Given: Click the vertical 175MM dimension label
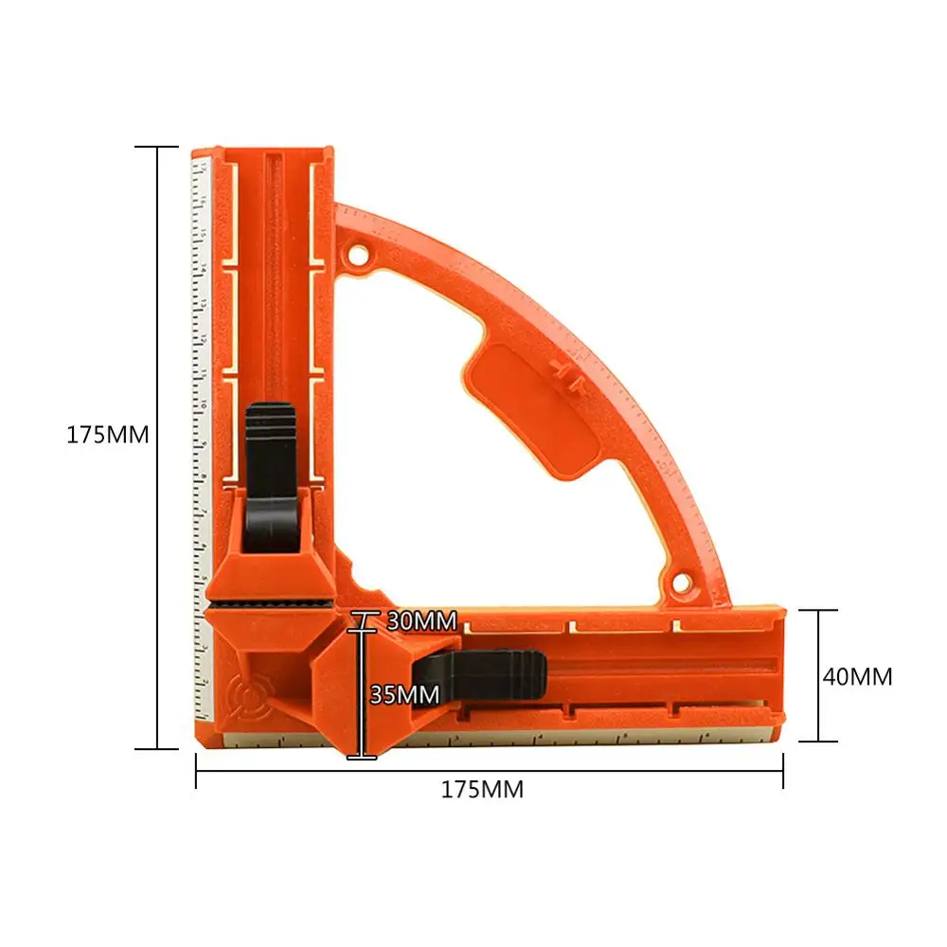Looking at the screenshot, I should point(108,436).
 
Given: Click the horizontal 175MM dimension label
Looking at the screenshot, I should point(482,790).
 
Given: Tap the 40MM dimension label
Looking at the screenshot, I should point(858,677).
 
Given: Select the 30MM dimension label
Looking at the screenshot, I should point(421,622).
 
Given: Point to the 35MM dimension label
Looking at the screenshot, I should point(404,694).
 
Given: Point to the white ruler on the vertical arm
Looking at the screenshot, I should point(201,379).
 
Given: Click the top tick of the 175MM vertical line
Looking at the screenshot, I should point(156,147).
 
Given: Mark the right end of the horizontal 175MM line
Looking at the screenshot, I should point(783,770).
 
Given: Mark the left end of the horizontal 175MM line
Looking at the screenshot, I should point(196,770).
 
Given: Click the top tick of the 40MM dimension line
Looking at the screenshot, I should point(814,611).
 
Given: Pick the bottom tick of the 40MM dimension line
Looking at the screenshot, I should point(814,742).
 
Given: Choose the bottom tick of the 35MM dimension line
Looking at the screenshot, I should point(362,756).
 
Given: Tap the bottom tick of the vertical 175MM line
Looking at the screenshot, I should point(156,749).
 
